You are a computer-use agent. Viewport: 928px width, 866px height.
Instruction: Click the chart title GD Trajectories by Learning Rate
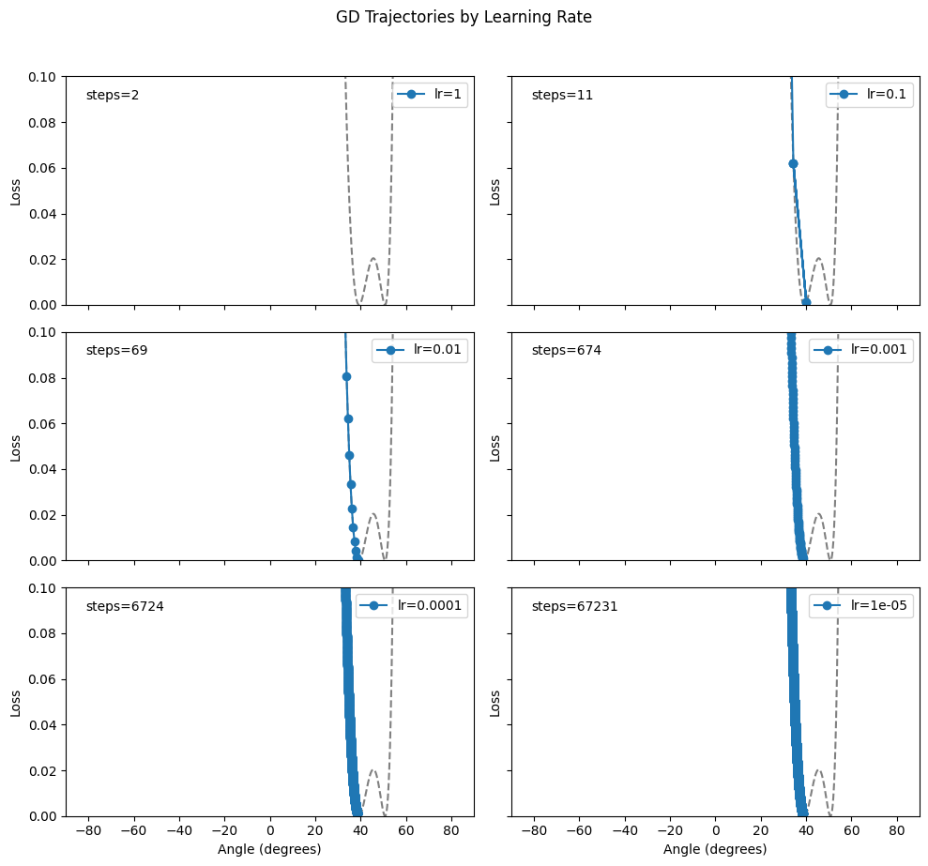coord(464,17)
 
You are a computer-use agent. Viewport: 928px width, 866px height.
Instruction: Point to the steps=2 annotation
coord(113,95)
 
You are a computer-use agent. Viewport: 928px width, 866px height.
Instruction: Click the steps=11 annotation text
coord(562,95)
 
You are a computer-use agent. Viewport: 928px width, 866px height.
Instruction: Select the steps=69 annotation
coord(116,350)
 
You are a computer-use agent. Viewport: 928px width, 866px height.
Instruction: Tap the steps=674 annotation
coord(566,350)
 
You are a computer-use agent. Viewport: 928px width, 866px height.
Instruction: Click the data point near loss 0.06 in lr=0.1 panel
coord(793,163)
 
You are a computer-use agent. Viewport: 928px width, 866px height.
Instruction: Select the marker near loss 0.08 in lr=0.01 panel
coord(346,376)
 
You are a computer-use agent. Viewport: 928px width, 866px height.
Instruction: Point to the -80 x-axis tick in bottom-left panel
coord(89,830)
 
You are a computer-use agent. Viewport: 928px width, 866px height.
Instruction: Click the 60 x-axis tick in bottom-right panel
coord(851,830)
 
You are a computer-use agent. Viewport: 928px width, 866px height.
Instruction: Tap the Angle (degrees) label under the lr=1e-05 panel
coord(715,849)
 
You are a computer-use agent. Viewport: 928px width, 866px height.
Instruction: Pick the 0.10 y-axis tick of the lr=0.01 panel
coord(46,332)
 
